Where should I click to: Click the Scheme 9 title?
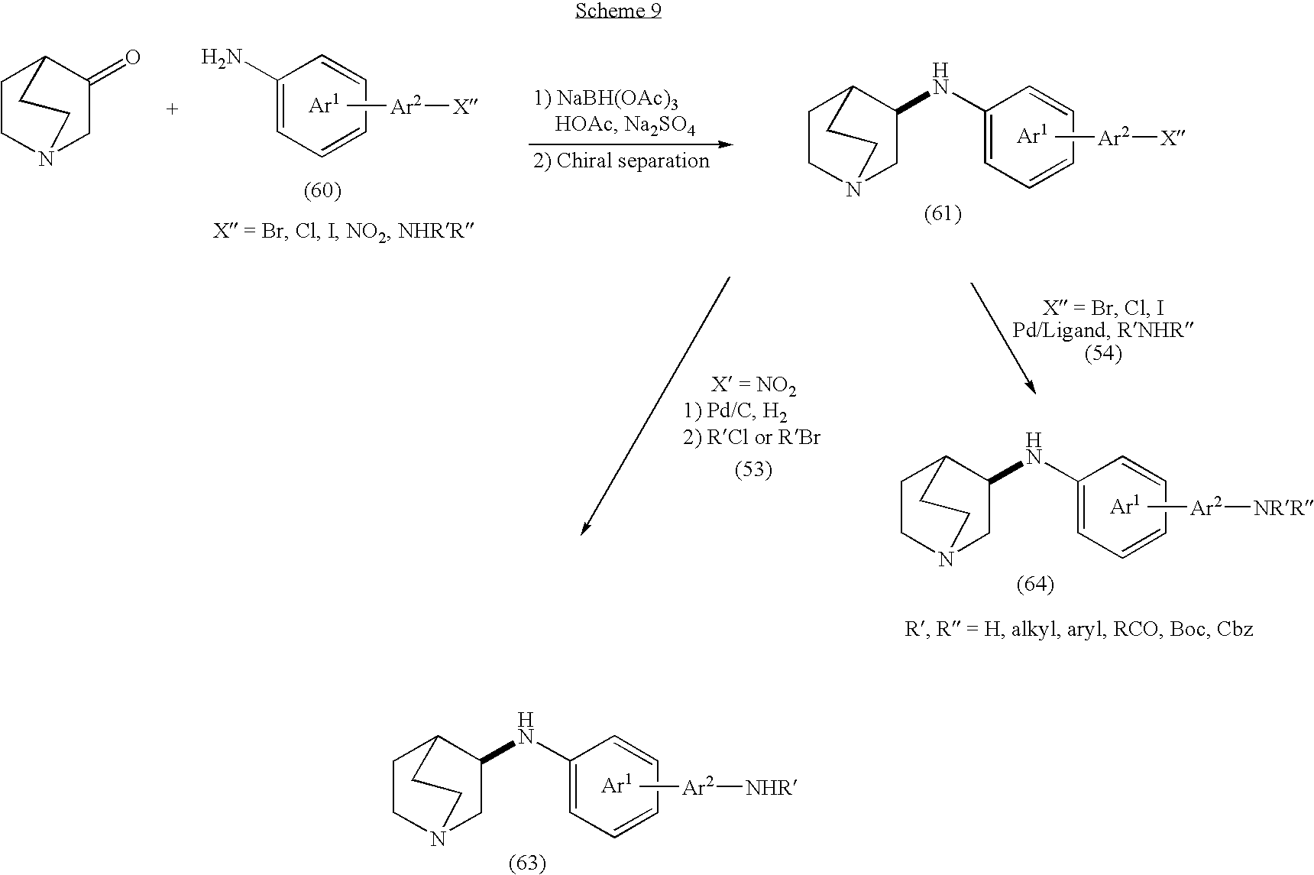click(618, 11)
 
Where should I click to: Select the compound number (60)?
click(322, 190)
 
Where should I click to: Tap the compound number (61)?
click(942, 214)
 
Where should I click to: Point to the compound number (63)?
click(527, 863)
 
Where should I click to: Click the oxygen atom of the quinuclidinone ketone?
click(132, 57)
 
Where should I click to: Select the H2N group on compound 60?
click(222, 57)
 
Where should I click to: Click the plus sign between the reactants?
click(172, 109)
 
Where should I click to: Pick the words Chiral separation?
click(633, 160)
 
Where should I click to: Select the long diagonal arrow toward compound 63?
click(655, 406)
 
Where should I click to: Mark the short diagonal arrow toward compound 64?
click(1002, 337)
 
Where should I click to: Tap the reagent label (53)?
click(753, 470)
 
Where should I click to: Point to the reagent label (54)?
click(1103, 354)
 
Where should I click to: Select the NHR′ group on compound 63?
click(772, 788)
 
